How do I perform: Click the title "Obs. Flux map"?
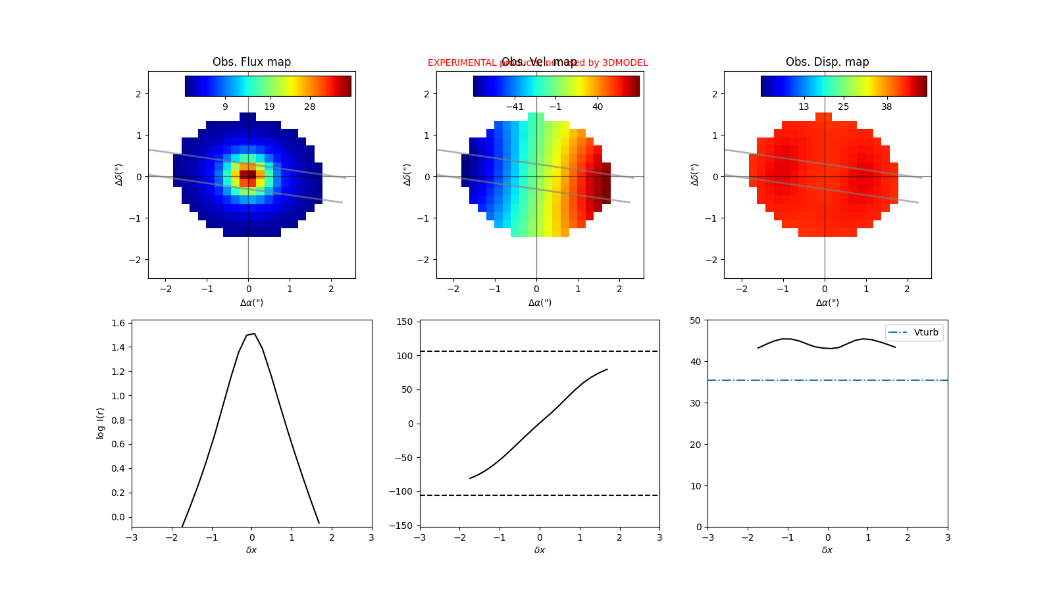point(251,62)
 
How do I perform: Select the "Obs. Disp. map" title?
point(827,62)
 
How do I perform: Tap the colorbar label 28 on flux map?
point(309,107)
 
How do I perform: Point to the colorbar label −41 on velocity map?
point(515,107)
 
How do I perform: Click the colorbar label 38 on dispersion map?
point(886,107)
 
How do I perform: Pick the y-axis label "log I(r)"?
point(101,423)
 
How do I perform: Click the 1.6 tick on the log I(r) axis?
point(118,323)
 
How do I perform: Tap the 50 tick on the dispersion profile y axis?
point(695,320)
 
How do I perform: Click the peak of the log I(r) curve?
point(254,333)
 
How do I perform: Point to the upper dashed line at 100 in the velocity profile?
point(540,351)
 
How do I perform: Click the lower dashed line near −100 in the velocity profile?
point(540,495)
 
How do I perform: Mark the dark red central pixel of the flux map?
point(248,174)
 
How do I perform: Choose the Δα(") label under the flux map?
point(251,303)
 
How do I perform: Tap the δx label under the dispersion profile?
point(827,550)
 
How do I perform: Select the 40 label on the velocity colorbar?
point(598,107)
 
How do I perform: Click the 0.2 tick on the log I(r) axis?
point(118,493)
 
